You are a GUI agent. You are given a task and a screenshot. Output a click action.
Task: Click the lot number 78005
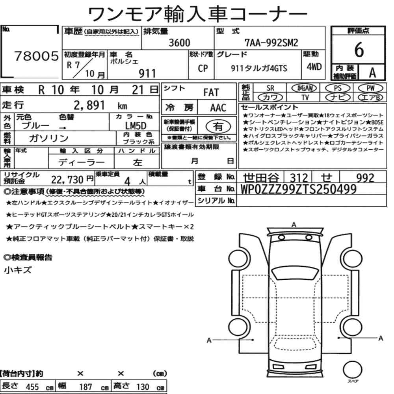click(36, 56)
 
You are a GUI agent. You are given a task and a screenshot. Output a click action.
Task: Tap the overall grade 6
click(359, 50)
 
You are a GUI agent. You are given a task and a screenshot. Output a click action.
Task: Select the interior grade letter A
click(372, 72)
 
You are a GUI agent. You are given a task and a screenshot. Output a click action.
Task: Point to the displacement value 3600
click(179, 43)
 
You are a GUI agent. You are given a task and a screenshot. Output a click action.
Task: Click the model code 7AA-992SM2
click(271, 43)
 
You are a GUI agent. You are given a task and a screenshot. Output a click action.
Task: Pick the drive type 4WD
click(314, 67)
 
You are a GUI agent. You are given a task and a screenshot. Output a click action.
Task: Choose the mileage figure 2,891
click(89, 105)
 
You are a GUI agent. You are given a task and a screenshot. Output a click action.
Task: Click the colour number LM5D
click(136, 126)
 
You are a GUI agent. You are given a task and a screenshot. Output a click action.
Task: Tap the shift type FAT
click(211, 93)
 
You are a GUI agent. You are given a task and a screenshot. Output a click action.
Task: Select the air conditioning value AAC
click(218, 108)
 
